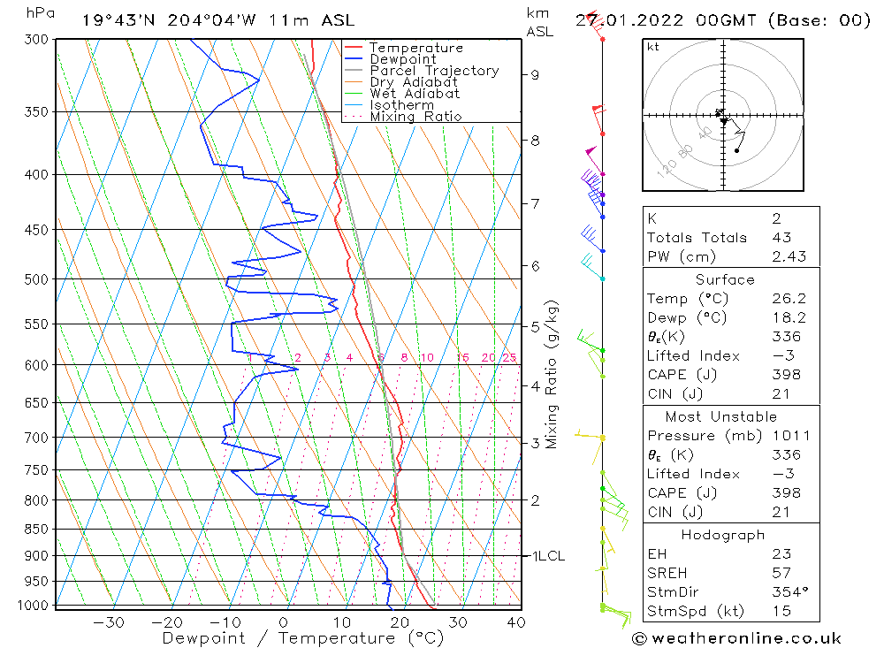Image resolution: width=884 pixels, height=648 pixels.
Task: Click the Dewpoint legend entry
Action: pyautogui.click(x=402, y=59)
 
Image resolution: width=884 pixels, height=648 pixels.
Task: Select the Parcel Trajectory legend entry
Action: pyautogui.click(x=434, y=71)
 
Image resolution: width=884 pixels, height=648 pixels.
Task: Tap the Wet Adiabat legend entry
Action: pyautogui.click(x=415, y=94)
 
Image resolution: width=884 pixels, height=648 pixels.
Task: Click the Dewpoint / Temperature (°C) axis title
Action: pyautogui.click(x=303, y=638)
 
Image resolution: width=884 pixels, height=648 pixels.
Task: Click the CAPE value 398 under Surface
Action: pyautogui.click(x=784, y=374)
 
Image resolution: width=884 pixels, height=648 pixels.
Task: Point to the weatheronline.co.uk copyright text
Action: pyautogui.click(x=737, y=638)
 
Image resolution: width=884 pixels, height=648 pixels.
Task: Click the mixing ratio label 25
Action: pyautogui.click(x=509, y=358)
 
